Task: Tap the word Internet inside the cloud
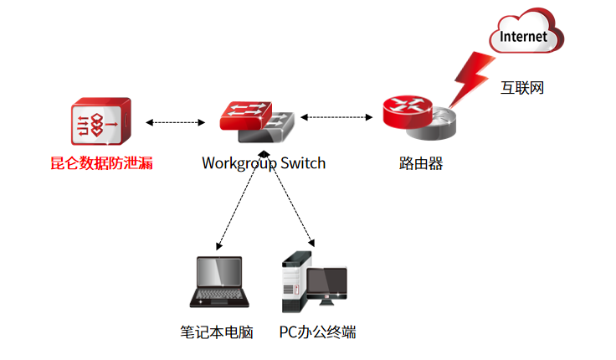(523, 37)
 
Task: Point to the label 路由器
(420, 163)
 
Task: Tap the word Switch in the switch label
(303, 163)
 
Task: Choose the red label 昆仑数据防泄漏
(100, 163)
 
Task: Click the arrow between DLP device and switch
(175, 122)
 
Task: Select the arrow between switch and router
(336, 117)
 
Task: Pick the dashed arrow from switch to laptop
(239, 202)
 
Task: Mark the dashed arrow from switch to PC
(290, 200)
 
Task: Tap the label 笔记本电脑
(216, 332)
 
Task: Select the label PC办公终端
(317, 332)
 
